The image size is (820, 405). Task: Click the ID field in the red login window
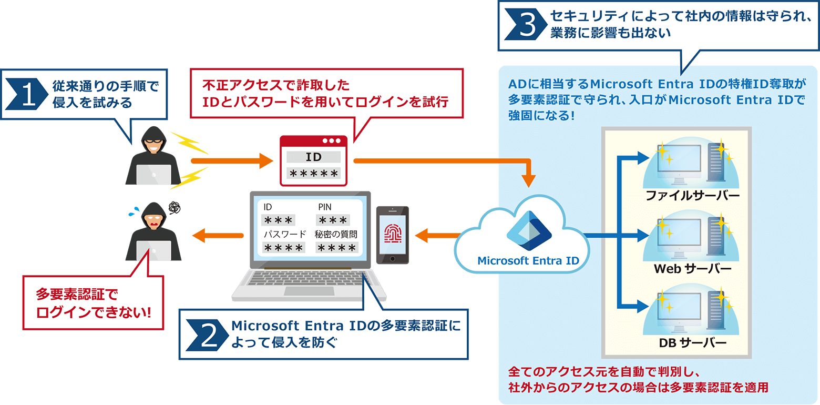click(x=313, y=157)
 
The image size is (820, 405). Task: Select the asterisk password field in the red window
click(x=313, y=174)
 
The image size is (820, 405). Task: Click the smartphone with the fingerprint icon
click(x=392, y=235)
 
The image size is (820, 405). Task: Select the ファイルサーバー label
click(x=693, y=196)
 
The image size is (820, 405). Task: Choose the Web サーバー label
click(x=692, y=269)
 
